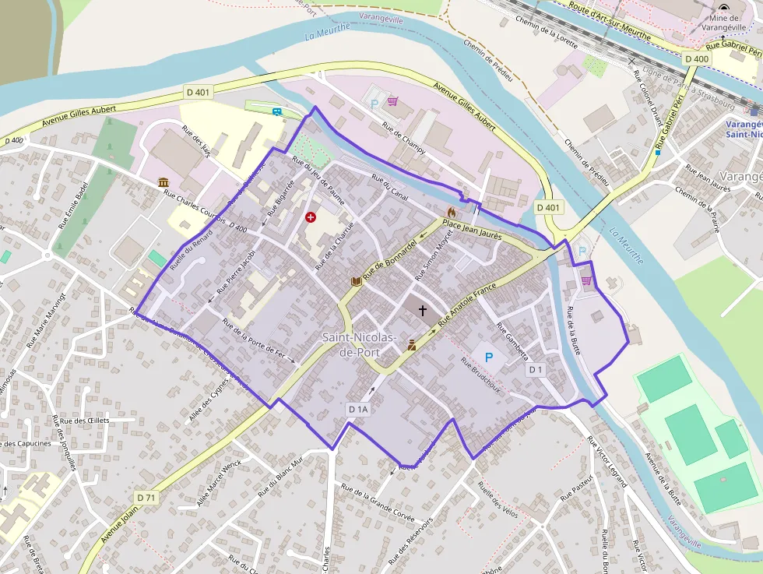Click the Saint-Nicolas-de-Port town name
coord(360,344)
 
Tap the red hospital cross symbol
coord(311,217)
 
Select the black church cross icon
coord(423,311)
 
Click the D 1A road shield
coord(358,409)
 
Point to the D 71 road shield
coord(146,497)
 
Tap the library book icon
coord(357,280)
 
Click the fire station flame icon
coord(451,212)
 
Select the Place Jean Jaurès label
coord(471,229)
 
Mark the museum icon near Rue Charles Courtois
coord(163,182)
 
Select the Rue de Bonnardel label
coord(390,259)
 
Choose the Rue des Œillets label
coord(85,421)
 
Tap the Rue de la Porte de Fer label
coord(259,343)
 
